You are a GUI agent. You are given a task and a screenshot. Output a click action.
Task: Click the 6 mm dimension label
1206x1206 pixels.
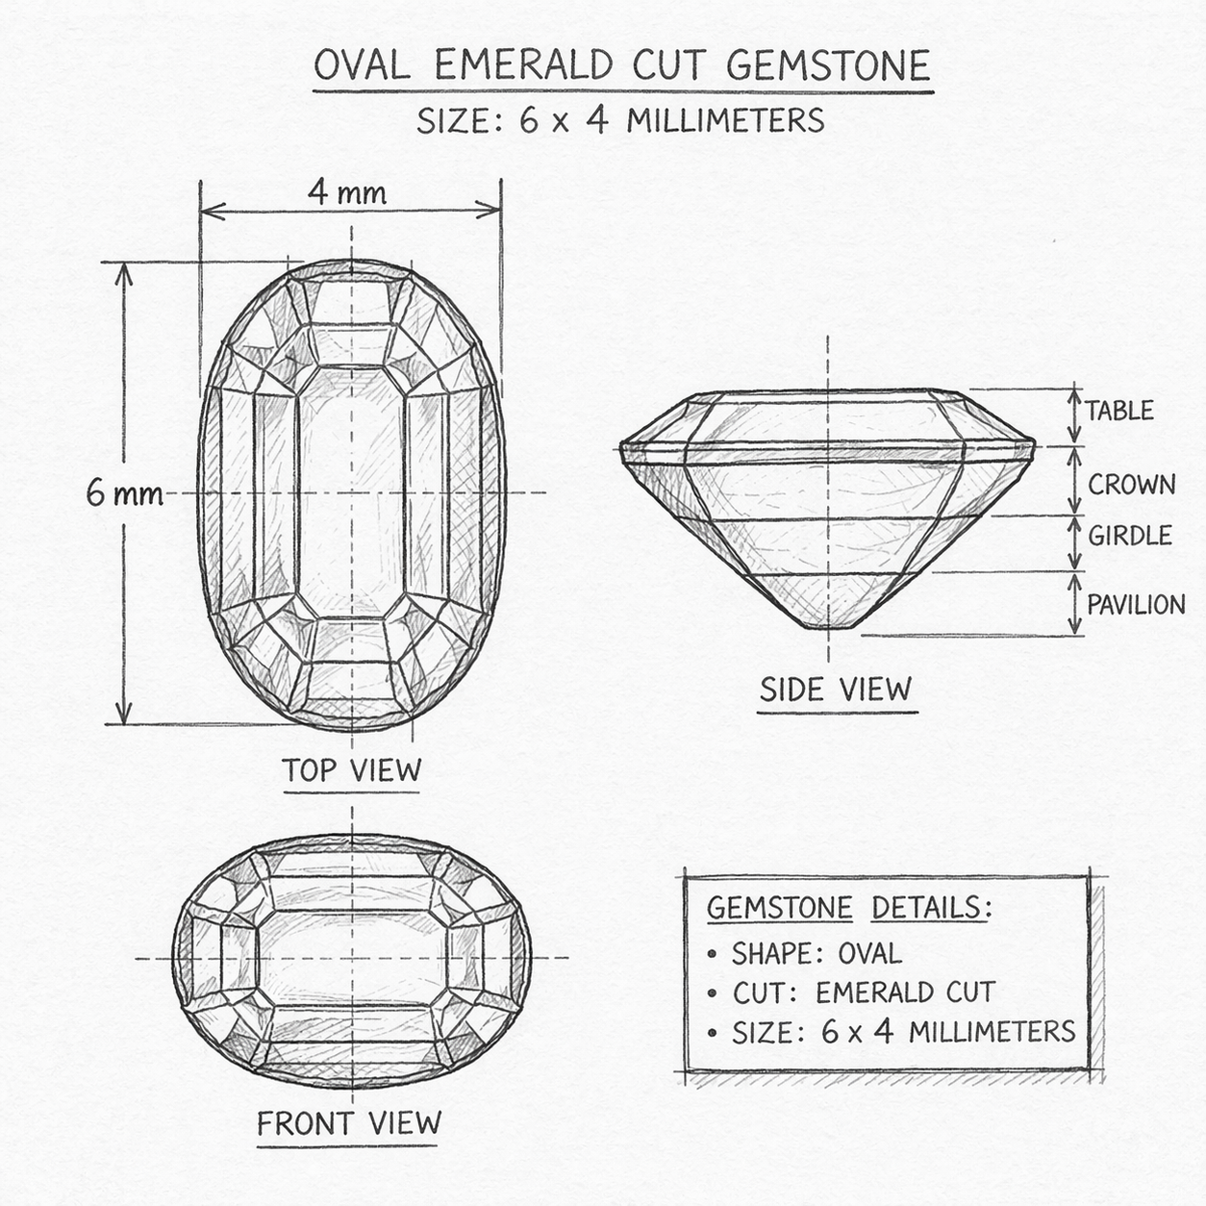click(124, 493)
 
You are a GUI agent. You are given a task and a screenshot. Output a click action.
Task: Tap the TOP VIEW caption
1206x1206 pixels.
click(352, 769)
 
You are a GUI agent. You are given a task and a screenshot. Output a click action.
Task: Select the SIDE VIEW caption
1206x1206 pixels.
click(836, 690)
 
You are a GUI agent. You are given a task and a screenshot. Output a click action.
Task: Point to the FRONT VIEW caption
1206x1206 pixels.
click(349, 1123)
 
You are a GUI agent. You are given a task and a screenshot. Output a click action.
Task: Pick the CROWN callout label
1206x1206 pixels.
click(1132, 485)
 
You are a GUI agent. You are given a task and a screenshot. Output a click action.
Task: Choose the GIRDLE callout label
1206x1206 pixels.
click(1130, 536)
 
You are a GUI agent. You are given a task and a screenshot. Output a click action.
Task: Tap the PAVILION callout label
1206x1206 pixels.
click(1136, 605)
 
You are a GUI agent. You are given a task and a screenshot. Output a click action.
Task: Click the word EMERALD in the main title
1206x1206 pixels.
click(524, 65)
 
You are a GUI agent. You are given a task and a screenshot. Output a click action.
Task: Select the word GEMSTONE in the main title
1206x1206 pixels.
click(829, 65)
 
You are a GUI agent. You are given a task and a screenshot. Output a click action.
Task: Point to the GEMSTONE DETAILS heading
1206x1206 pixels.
click(849, 908)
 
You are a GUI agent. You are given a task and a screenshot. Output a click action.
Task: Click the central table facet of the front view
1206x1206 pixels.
click(352, 958)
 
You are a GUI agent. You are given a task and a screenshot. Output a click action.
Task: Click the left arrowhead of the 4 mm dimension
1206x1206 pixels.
click(212, 212)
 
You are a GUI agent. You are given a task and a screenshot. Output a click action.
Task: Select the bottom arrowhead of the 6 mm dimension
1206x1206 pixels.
click(124, 713)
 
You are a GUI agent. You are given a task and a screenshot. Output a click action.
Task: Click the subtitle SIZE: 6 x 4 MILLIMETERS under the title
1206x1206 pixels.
click(620, 121)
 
